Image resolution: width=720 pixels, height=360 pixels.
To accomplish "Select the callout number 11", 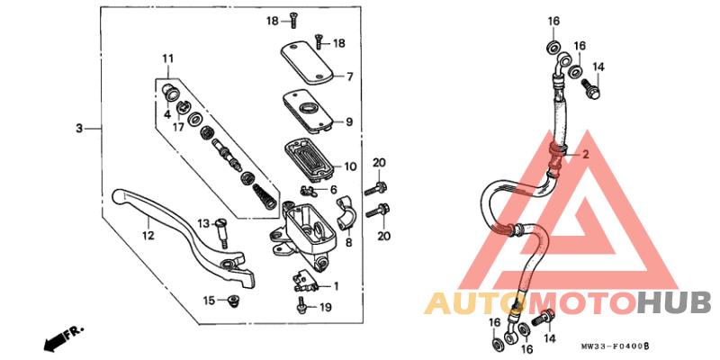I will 167,59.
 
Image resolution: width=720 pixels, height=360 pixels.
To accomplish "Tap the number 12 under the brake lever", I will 148,235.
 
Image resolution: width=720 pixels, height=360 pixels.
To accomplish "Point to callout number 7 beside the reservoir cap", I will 350,76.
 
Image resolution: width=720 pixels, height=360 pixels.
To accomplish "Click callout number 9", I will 350,121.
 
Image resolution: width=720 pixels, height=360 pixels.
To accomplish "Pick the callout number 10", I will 350,166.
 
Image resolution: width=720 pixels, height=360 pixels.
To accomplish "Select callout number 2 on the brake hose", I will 584,155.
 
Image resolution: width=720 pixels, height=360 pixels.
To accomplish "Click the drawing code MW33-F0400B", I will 615,346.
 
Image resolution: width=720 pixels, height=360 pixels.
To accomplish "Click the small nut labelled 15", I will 235,300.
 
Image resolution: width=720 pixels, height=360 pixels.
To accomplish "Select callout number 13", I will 203,223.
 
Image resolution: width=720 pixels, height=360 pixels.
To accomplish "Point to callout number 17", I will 179,127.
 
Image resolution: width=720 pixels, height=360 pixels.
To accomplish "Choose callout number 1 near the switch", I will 335,287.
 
